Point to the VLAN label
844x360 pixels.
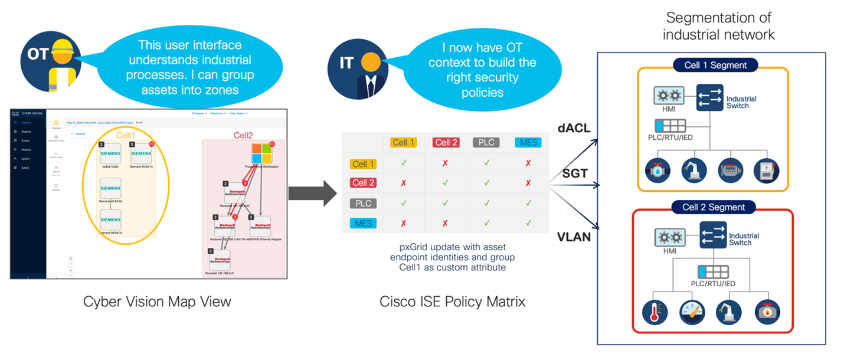tap(574, 238)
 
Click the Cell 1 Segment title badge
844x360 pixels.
tap(715, 65)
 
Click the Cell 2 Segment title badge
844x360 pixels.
tap(714, 207)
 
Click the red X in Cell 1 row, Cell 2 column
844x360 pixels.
tap(444, 163)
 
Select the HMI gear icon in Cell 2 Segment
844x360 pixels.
tap(669, 237)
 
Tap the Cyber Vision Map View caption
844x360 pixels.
tap(157, 302)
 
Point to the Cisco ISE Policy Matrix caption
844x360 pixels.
tap(452, 302)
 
